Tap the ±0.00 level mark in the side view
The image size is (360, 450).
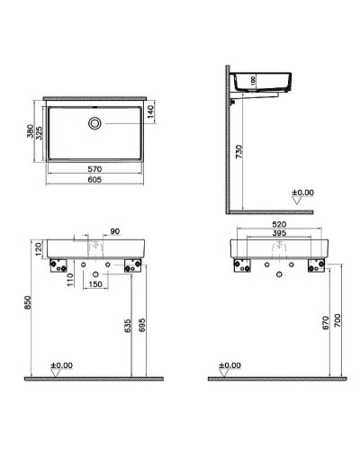click(302, 193)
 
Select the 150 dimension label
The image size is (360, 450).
click(94, 285)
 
